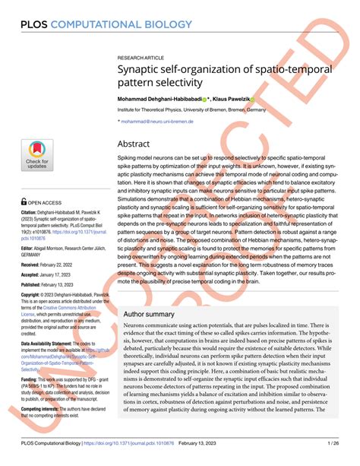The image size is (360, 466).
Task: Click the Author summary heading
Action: [153, 312]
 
